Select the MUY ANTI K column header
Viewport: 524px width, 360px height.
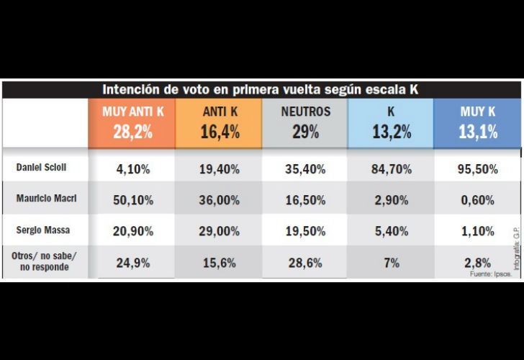coord(132,122)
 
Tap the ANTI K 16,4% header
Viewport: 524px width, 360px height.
coord(219,122)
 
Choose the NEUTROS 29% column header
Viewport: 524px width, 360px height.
coord(305,122)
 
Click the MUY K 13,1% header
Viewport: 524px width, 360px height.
coord(478,122)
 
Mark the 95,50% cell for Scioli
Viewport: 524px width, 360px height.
coord(478,170)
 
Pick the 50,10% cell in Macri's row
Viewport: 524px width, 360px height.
coord(132,201)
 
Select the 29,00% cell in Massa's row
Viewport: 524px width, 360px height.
coord(219,232)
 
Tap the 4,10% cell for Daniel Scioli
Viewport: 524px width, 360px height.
coord(132,170)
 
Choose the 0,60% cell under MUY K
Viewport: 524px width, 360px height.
coord(478,201)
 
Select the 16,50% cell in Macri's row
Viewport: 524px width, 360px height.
coord(305,201)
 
